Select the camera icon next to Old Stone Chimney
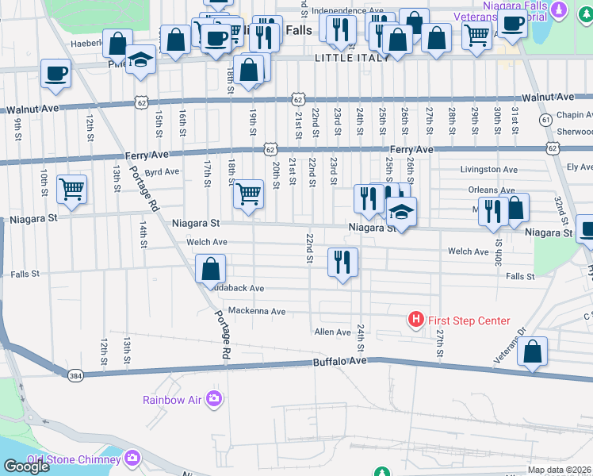pyautogui.click(x=131, y=458)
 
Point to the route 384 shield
pyautogui.click(x=75, y=375)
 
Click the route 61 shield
pyautogui.click(x=545, y=120)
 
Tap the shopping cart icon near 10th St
pyautogui.click(x=71, y=190)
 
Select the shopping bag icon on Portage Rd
pyautogui.click(x=211, y=270)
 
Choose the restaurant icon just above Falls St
pyautogui.click(x=342, y=262)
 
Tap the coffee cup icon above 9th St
pyautogui.click(x=56, y=75)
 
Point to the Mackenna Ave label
pyautogui.click(x=256, y=311)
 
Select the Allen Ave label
pyautogui.click(x=332, y=332)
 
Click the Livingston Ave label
pyautogui.click(x=489, y=170)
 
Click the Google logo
pyautogui.click(x=26, y=466)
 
